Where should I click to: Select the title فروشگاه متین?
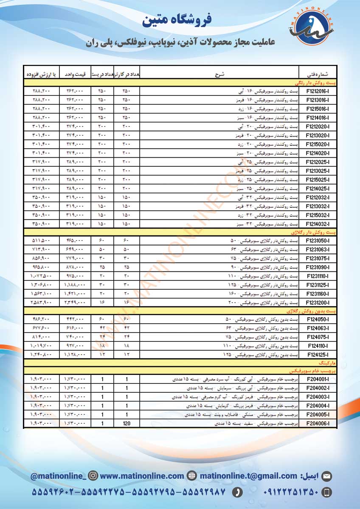pos(177,20)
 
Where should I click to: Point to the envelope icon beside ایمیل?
pos(327,476)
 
